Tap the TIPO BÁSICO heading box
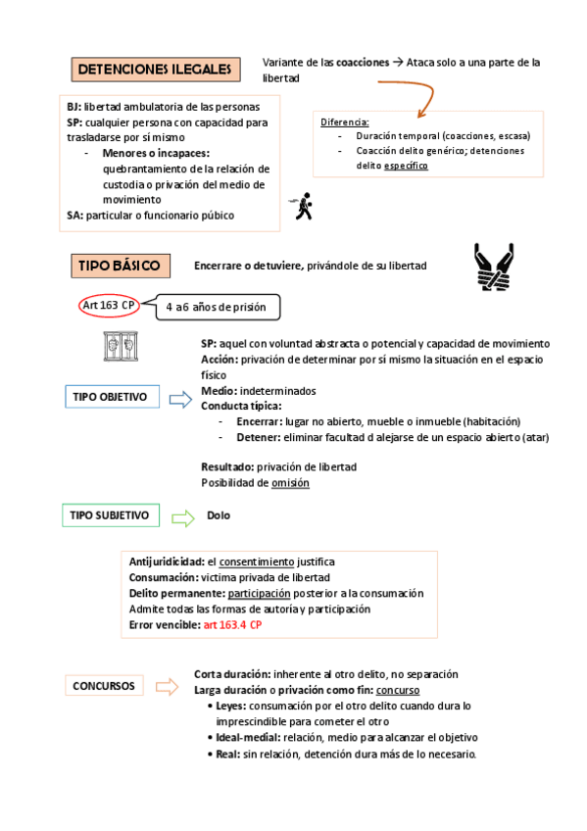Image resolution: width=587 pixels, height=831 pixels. tap(121, 267)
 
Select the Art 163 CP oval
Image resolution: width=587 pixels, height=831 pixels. tap(109, 305)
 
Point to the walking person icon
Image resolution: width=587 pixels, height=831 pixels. tap(306, 206)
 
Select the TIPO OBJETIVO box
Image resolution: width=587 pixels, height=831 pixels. tap(111, 397)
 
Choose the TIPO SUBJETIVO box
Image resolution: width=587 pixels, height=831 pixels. tap(110, 514)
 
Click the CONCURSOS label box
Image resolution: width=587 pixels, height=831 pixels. tap(104, 686)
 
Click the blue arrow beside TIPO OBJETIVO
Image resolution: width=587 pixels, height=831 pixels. tap(179, 398)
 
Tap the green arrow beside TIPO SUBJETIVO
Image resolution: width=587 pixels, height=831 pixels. tap(183, 516)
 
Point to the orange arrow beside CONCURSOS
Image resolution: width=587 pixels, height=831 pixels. tap(176, 686)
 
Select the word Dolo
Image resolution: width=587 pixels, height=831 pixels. tap(220, 515)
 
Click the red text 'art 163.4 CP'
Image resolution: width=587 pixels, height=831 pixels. tap(232, 624)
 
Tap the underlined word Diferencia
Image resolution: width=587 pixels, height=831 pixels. tap(345, 122)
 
